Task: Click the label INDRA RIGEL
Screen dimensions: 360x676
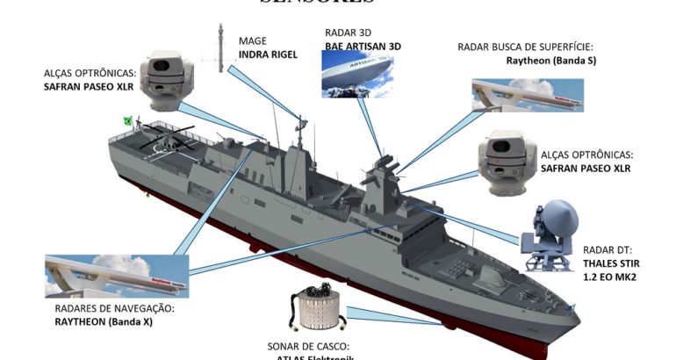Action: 268,54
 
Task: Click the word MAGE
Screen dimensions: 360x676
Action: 254,40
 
